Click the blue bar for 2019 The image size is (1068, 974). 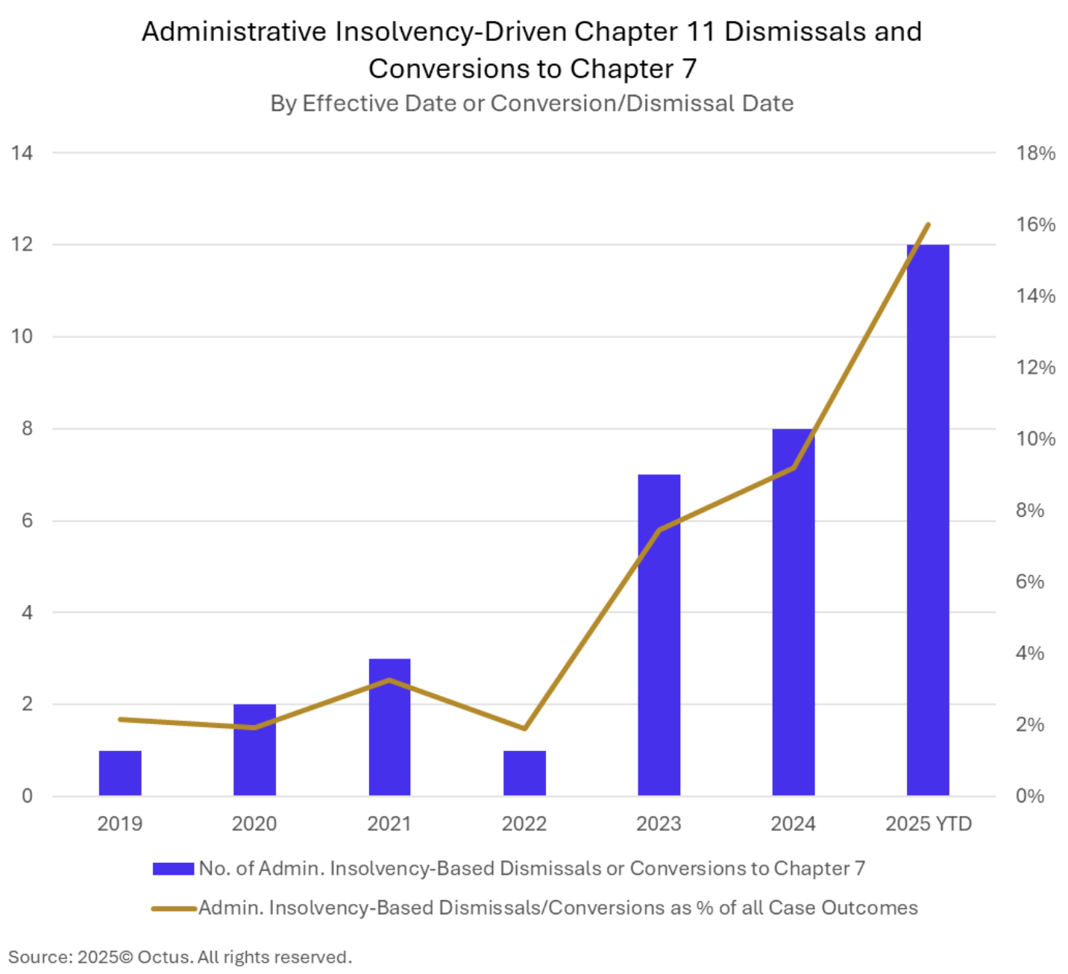pos(120,773)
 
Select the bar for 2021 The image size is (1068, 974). pos(389,727)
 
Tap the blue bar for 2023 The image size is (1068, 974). pos(659,635)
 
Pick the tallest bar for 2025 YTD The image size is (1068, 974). pos(928,520)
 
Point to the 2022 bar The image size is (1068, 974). pos(524,773)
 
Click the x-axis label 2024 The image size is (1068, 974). pos(793,823)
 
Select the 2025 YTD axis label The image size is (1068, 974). pos(929,823)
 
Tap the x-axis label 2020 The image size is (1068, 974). pos(254,823)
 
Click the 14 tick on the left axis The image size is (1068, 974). pos(22,153)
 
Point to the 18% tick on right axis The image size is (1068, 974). pos(1035,153)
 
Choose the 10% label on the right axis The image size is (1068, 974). pos(1035,439)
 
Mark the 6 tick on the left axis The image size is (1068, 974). pos(28,521)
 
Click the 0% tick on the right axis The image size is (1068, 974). pos(1030,796)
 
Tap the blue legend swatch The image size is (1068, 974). pos(173,868)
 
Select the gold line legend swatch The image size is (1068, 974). pos(173,908)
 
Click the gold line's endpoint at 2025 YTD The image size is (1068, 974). pos(928,224)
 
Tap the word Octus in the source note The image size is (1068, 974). pos(165,957)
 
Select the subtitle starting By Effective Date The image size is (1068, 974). pos(532,103)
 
